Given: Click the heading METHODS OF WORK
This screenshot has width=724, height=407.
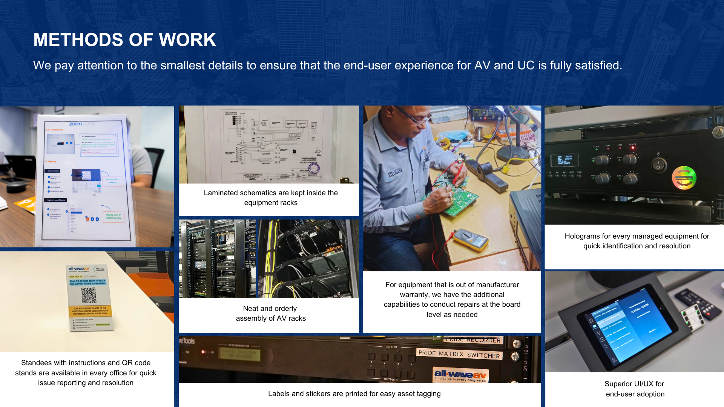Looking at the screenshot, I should (x=124, y=40).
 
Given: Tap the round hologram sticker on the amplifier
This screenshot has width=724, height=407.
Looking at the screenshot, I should (x=684, y=177).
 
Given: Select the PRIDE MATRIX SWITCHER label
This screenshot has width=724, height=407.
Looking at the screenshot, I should (x=459, y=354).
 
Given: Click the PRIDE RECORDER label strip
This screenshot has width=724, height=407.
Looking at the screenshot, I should (x=473, y=340).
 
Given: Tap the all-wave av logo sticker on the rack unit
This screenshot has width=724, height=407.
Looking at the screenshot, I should (x=460, y=375).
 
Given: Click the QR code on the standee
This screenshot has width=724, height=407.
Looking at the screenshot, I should (x=89, y=295).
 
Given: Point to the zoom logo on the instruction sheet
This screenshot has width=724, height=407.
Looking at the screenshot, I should (x=75, y=124).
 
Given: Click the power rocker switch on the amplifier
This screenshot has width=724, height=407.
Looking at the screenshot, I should (x=659, y=165).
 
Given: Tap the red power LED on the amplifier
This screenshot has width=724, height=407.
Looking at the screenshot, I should (x=633, y=148).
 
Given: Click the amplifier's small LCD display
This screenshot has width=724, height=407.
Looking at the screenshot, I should (x=564, y=160).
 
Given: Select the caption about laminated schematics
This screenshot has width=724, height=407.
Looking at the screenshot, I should (x=271, y=197).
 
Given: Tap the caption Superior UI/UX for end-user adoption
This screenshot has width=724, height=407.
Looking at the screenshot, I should (x=635, y=389).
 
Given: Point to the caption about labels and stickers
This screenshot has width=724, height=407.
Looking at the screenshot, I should (x=354, y=393).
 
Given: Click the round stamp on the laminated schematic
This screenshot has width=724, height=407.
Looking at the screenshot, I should (x=314, y=168).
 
